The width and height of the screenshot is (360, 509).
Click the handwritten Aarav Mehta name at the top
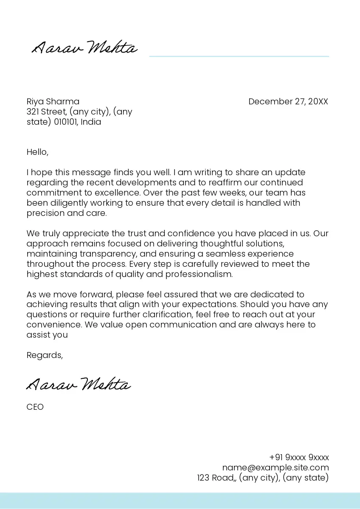85,48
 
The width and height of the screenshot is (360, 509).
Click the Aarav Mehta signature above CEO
79,384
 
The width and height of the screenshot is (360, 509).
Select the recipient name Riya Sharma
53,101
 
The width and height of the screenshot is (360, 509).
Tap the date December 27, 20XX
288,101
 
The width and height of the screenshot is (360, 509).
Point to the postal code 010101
65,122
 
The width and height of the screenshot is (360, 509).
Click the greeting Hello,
38,152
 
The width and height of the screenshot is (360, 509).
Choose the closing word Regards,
45,355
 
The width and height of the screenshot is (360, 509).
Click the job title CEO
35,407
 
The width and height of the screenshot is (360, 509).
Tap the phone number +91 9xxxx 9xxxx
299,458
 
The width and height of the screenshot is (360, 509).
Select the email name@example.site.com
276,467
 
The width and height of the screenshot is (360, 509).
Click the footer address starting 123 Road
263,478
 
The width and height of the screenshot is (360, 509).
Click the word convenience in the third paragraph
54,325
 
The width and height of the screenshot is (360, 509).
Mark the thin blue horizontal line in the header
239,56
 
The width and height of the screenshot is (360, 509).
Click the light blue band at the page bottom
180,501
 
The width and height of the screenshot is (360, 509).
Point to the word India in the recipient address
91,122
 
